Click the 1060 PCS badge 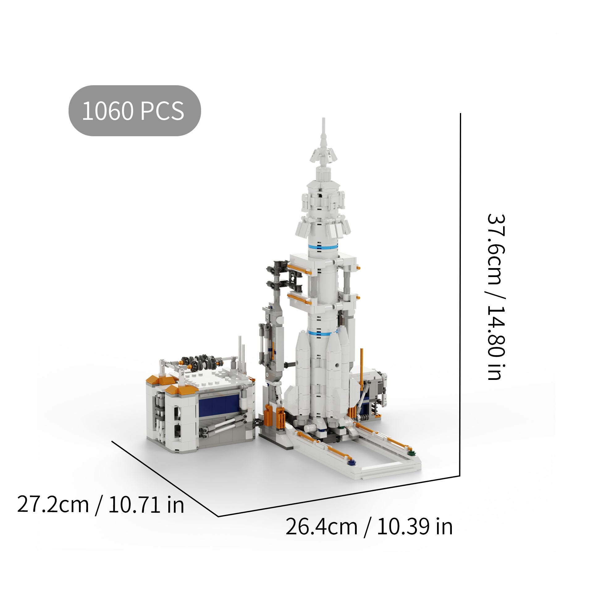pos(135,111)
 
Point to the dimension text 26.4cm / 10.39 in pos(369,527)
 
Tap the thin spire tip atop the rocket pos(323,124)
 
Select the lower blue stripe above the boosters pos(323,333)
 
